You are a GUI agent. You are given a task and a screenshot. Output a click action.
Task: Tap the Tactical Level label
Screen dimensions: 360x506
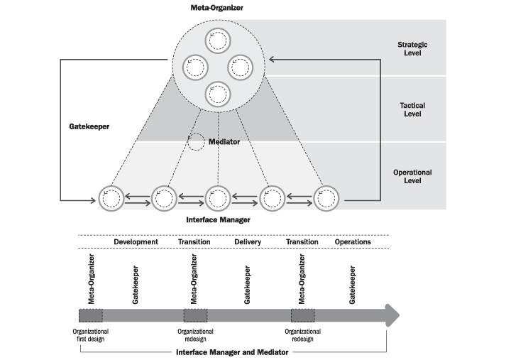click(412, 110)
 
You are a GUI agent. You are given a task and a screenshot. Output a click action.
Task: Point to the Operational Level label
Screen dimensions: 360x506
click(412, 176)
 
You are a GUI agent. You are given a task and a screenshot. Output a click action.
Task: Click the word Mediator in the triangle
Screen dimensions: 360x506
click(224, 142)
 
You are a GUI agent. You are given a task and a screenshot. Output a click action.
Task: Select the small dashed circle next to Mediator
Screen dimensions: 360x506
click(195, 141)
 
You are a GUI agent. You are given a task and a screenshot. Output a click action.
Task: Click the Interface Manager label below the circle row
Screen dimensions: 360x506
click(217, 220)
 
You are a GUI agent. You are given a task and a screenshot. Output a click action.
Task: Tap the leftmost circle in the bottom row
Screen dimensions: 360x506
click(111, 198)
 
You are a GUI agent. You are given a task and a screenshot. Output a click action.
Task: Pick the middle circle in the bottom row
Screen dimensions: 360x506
click(217, 198)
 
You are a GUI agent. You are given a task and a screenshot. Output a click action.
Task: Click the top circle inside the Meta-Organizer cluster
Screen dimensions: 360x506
click(217, 42)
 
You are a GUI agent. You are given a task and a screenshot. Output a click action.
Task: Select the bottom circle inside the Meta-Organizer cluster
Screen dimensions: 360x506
click(217, 94)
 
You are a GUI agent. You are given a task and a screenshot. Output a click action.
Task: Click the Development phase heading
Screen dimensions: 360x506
click(136, 242)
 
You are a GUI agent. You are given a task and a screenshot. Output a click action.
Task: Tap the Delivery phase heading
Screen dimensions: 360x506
click(248, 242)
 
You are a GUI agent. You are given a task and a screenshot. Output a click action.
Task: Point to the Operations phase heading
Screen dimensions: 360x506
click(353, 242)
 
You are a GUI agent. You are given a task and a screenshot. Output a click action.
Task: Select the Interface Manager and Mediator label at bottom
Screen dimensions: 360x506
click(231, 352)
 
